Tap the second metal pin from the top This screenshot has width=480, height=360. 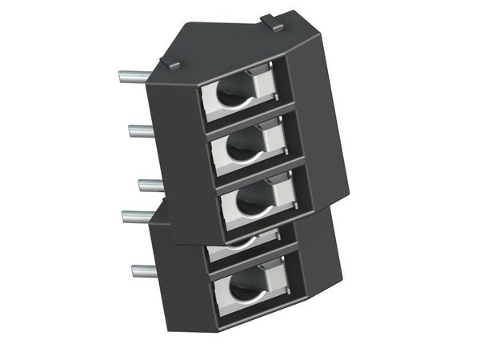click(x=141, y=130)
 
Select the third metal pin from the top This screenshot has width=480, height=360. click(x=150, y=185)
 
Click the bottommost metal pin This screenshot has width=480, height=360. click(x=145, y=270)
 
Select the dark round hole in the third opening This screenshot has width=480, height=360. click(x=248, y=202)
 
